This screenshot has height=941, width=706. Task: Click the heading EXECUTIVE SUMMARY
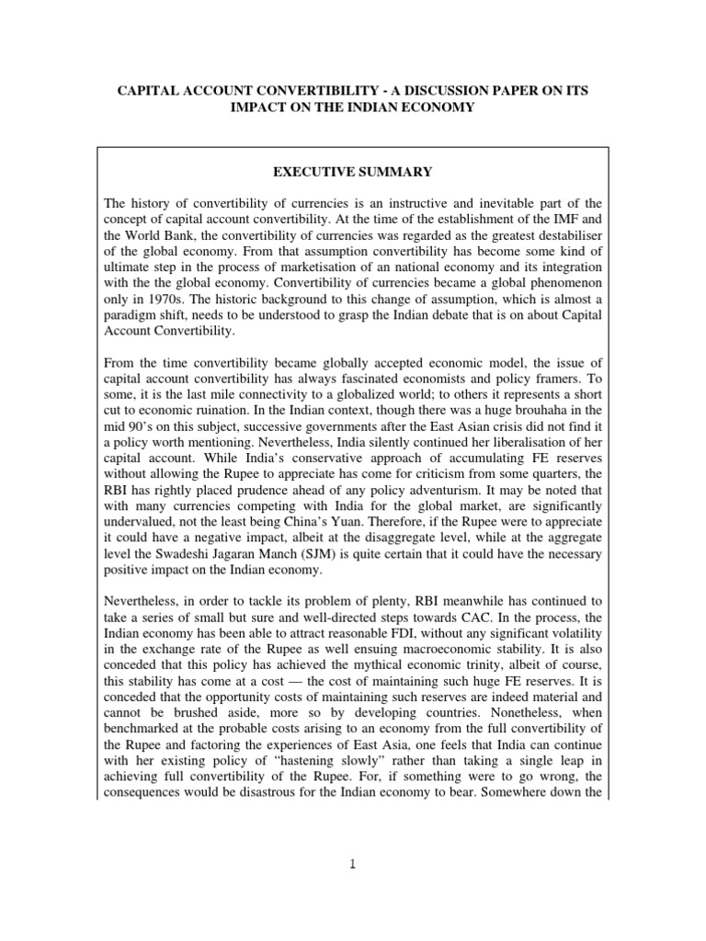tap(353, 172)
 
